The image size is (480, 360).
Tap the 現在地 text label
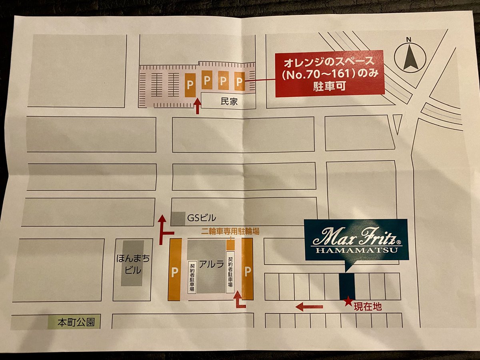[x=368, y=307]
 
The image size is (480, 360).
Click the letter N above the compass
[x=408, y=39]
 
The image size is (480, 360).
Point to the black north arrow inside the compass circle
[x=411, y=58]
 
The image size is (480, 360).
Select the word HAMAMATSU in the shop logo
[x=356, y=250]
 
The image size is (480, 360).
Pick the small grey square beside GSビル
[x=178, y=218]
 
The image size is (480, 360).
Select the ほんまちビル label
[x=133, y=264]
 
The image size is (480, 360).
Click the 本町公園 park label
[x=76, y=322]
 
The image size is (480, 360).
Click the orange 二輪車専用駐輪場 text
[x=230, y=231]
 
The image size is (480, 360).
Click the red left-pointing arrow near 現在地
[x=309, y=307]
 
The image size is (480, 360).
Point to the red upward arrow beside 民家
[x=197, y=106]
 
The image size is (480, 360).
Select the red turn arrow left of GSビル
[x=164, y=230]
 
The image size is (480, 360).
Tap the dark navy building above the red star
[x=347, y=286]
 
